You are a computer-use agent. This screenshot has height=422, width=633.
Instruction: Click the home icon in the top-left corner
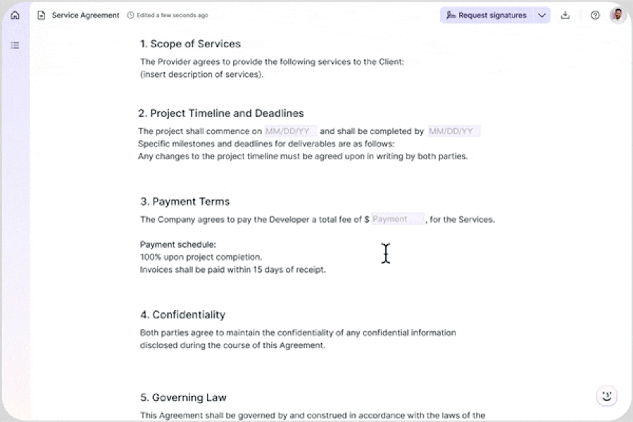pos(15,15)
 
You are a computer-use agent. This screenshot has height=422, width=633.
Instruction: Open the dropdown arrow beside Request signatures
pos(542,15)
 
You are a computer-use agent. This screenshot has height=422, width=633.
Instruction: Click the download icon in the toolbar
pos(565,15)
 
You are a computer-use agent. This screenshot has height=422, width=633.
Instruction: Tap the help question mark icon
pos(595,15)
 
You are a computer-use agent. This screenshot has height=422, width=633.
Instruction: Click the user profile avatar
pos(617,15)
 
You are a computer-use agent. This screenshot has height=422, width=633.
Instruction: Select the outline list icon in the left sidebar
pos(15,45)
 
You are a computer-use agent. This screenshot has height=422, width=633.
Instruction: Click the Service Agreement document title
pos(85,15)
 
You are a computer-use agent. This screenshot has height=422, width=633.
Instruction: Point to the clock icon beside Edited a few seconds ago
pos(130,15)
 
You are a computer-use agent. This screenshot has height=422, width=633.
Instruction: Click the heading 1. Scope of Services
pos(190,44)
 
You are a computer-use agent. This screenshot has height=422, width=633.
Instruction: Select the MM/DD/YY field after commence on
pos(290,131)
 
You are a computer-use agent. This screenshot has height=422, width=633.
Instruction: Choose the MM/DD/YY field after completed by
pos(454,131)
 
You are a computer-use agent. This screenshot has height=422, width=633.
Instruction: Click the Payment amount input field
pos(398,219)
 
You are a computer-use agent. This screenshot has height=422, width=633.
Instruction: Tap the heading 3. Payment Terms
pos(185,202)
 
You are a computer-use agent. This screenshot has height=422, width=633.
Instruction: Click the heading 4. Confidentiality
pos(182,315)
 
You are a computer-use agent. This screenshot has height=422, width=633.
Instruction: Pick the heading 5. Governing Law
pos(183,397)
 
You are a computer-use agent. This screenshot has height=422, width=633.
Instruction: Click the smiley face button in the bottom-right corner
pos(606,396)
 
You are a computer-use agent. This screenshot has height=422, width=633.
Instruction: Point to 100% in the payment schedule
pos(151,257)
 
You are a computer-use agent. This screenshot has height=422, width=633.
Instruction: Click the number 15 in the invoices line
pos(258,270)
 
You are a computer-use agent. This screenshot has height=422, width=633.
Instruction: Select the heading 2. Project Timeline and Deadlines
pos(221,114)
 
